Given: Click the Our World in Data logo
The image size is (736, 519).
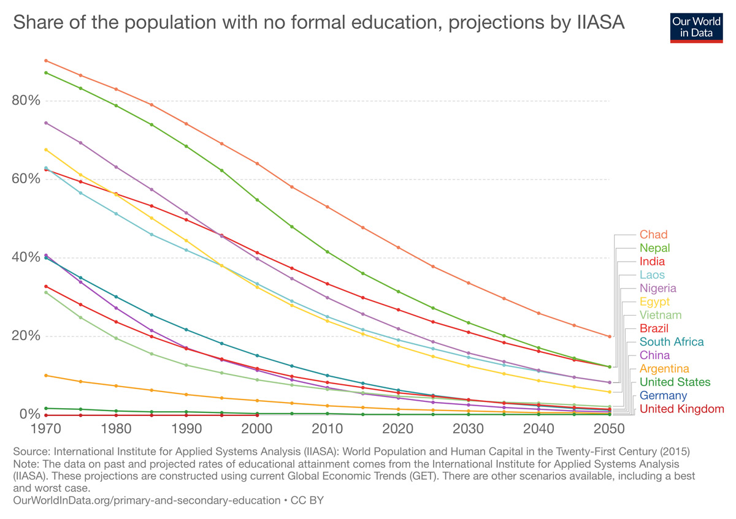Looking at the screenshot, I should pyautogui.click(x=697, y=26).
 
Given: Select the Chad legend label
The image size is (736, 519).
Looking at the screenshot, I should pyautogui.click(x=653, y=235).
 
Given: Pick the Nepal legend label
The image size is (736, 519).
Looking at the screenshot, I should pyautogui.click(x=654, y=248).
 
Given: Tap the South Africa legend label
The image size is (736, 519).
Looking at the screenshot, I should pyautogui.click(x=671, y=342).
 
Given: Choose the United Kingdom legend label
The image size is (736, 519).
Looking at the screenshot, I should pyautogui.click(x=681, y=409).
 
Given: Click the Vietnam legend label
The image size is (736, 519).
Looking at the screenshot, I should pyautogui.click(x=661, y=315).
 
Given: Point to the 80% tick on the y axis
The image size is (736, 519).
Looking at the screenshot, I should pyautogui.click(x=26, y=100).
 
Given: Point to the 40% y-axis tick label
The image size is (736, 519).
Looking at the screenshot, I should pyautogui.click(x=26, y=257).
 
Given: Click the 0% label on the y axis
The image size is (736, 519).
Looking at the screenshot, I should pyautogui.click(x=29, y=414).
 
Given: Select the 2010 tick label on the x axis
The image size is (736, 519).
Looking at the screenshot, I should pyautogui.click(x=328, y=427).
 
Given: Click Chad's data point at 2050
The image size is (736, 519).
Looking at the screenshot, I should pyautogui.click(x=609, y=336).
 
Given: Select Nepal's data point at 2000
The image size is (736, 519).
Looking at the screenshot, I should pyautogui.click(x=257, y=200).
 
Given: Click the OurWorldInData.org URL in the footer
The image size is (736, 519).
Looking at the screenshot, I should pyautogui.click(x=146, y=501).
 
